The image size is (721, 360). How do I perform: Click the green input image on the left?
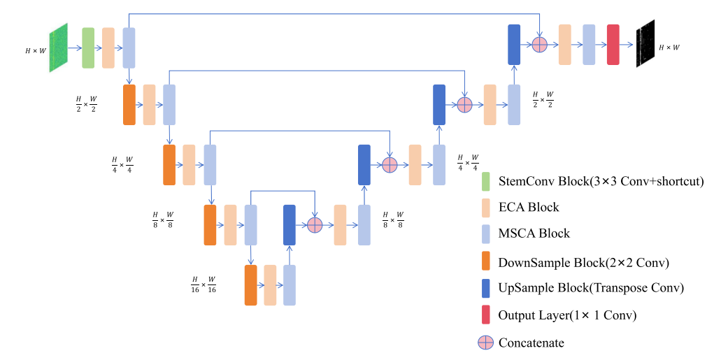58,48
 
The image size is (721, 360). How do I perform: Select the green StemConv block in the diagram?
88,48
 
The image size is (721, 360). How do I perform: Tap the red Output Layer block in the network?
613,44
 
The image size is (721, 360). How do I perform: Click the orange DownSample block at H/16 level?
250,285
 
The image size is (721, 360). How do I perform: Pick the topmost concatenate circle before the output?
539,44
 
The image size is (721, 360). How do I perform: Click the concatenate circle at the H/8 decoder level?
314,224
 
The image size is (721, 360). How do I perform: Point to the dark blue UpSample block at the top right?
514,44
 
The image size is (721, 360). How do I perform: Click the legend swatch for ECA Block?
485,208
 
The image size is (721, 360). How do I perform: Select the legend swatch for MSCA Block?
485,233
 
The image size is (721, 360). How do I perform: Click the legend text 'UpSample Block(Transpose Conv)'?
591,288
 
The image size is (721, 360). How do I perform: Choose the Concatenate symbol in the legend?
485,343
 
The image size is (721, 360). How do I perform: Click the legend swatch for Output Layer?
485,315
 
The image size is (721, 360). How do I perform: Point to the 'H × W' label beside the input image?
35,51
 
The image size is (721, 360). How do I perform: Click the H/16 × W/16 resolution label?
204,285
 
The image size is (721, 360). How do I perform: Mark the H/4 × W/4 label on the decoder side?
468,162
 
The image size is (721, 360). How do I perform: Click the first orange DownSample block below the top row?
129,105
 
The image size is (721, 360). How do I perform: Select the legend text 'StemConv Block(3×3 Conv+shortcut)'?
600,182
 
